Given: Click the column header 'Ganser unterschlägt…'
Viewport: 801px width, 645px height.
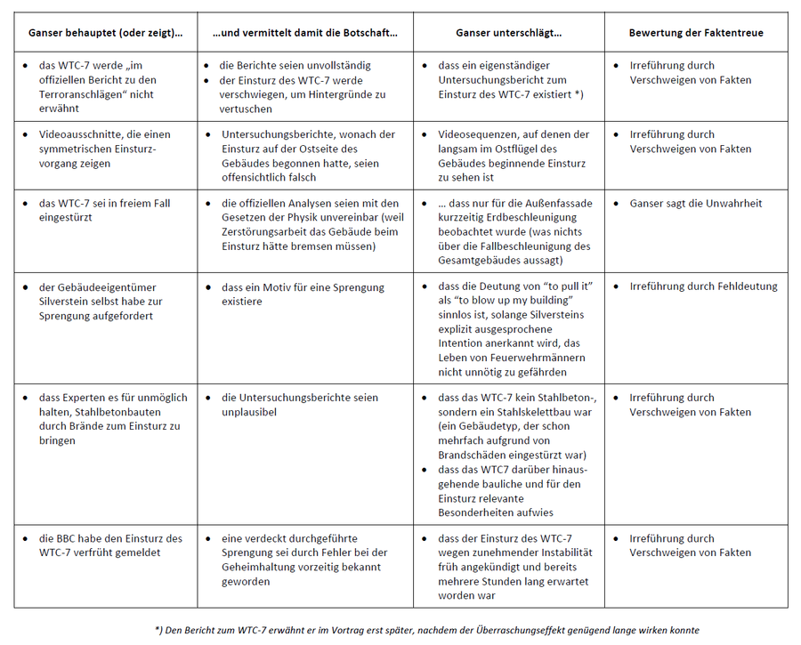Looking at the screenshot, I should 508,33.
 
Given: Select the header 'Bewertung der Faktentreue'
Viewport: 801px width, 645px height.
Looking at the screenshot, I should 695,33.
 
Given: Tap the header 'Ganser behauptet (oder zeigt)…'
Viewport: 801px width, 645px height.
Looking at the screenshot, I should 105,33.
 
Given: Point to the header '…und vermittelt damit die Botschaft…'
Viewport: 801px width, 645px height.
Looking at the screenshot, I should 305,33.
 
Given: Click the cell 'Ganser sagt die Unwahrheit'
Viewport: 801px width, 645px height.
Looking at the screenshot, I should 696,204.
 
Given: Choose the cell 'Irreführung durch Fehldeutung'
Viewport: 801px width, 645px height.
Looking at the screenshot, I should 703,286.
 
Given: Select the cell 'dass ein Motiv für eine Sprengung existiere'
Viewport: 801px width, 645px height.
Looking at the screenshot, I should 303,294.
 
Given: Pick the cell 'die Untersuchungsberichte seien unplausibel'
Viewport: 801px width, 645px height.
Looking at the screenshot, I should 299,405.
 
